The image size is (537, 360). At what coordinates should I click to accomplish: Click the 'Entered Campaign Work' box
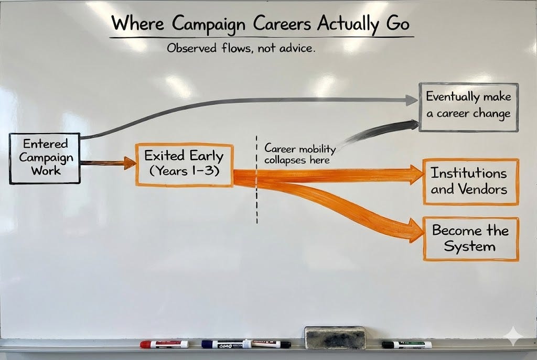click(45, 158)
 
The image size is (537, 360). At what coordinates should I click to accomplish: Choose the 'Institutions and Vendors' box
click(470, 181)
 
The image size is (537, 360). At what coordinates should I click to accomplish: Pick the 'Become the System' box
click(470, 238)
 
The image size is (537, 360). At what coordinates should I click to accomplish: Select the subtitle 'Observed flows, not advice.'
click(241, 49)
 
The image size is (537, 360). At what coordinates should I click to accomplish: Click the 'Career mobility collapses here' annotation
click(299, 154)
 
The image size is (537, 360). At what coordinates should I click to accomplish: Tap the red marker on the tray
click(164, 344)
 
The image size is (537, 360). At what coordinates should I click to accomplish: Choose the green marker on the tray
click(406, 344)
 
